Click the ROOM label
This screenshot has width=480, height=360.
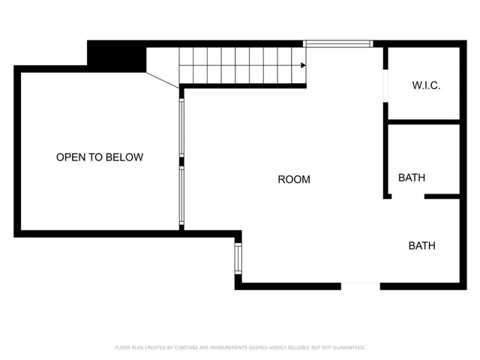[294, 179]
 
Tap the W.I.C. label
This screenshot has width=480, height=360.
[426, 85]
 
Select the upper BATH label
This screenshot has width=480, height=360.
[412, 178]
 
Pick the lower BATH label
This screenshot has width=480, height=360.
[421, 245]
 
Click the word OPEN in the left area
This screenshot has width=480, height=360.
[70, 157]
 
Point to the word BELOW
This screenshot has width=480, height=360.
[124, 157]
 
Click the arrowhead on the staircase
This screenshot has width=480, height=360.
[302, 66]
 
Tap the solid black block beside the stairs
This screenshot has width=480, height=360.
[115, 55]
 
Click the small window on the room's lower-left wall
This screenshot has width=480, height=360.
[238, 258]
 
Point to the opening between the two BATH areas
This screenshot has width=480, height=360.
[408, 196]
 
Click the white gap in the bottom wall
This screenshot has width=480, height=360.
[360, 286]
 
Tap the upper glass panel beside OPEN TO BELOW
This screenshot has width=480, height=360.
[181, 127]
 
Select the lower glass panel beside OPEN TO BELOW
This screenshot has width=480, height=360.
[181, 195]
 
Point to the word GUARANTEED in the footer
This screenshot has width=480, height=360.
[347, 348]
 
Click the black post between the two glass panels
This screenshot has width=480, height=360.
[181, 160]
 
